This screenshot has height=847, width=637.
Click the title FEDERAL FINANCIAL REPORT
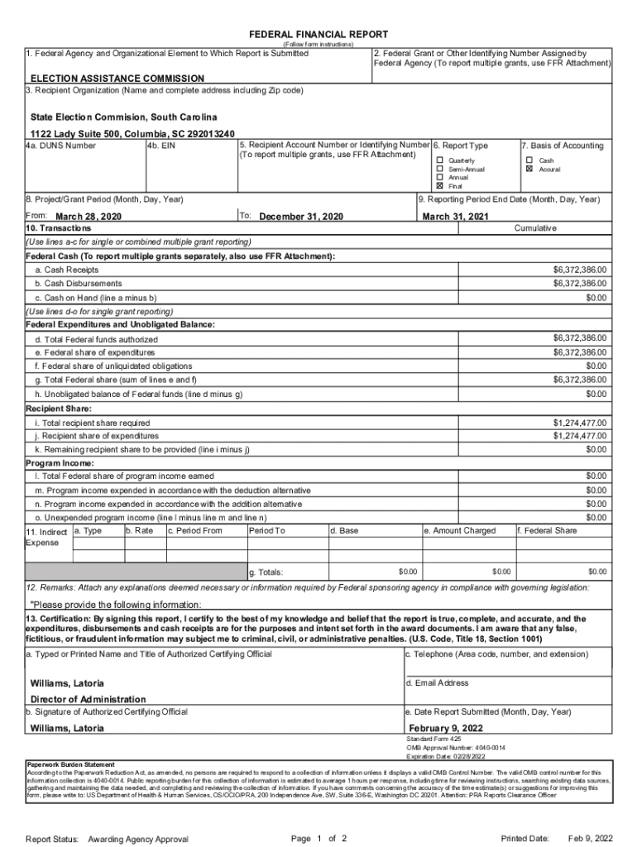pos(318,34)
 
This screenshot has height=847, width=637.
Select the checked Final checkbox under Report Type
pos(440,185)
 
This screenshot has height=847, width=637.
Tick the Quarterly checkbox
pos(440,160)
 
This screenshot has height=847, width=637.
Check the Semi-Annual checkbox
pos(440,169)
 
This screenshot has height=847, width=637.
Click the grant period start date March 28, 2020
pos(88,217)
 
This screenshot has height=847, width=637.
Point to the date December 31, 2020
pos(301,217)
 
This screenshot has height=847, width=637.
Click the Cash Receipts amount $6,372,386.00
pos(579,270)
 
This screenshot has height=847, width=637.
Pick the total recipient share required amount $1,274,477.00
pos(579,423)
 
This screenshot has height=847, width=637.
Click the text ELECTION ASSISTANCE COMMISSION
pos(106,79)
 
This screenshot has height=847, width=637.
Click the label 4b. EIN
pos(160,146)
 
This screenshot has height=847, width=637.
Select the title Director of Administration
pos(88,699)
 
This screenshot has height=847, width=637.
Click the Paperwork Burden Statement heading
pos(70,764)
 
